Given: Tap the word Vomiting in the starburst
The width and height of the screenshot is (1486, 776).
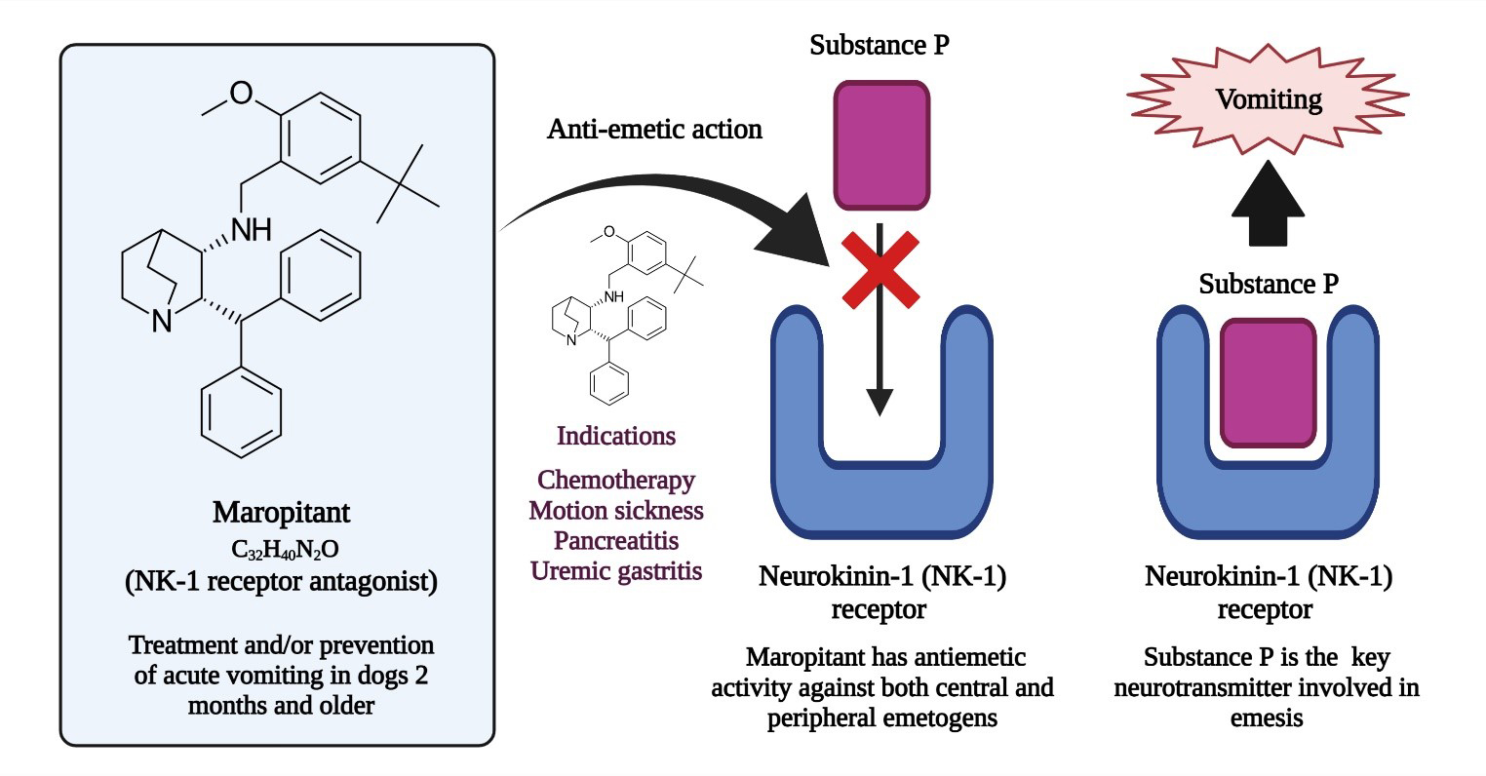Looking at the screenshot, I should (1268, 98).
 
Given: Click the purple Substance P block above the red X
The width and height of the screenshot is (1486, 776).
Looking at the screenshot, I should (880, 145).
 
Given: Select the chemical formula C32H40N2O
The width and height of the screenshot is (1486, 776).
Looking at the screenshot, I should (281, 549).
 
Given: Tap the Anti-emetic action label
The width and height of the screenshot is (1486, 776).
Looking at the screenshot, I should (654, 129).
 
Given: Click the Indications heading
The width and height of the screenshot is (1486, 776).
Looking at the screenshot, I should (616, 436).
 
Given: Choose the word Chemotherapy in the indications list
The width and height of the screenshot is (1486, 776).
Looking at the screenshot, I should (616, 480).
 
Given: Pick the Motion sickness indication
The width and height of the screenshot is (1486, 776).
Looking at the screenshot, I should (616, 510).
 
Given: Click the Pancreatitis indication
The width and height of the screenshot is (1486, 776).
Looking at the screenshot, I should (616, 540).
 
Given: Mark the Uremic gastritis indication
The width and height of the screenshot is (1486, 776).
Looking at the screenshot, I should (616, 570).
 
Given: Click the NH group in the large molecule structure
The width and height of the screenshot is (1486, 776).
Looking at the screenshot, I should (251, 230).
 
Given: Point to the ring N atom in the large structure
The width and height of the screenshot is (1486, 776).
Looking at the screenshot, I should (162, 321).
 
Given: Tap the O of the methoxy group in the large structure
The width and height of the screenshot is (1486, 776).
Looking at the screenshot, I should (241, 94).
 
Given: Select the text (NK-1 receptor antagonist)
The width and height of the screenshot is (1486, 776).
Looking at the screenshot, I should (281, 583).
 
